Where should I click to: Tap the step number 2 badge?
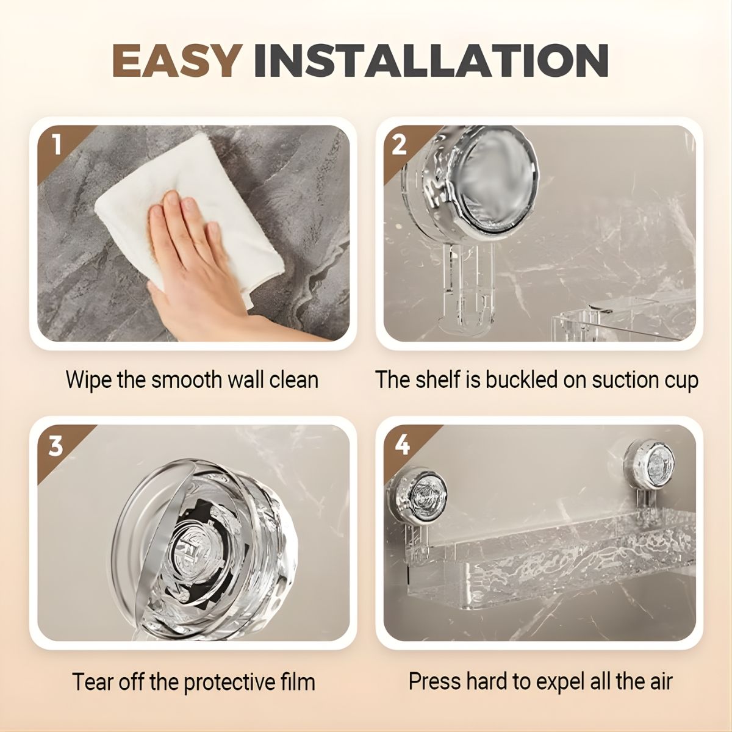399,145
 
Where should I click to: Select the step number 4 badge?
403,445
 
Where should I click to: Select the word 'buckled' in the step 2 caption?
521,379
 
